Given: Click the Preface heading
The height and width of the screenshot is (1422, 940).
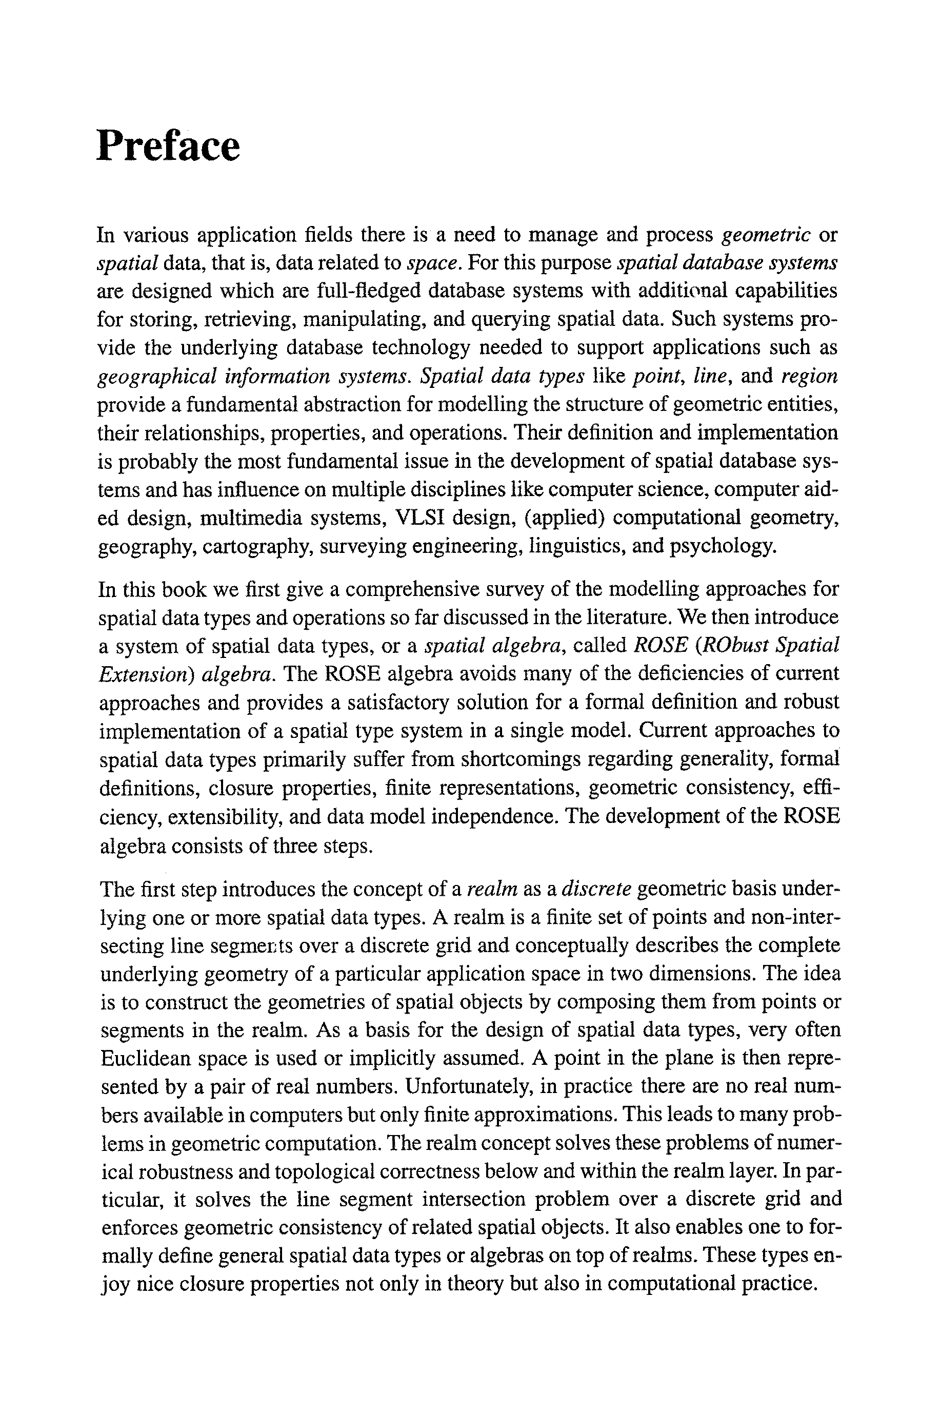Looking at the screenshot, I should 168,146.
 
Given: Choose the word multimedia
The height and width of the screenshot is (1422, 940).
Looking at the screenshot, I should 251,518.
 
